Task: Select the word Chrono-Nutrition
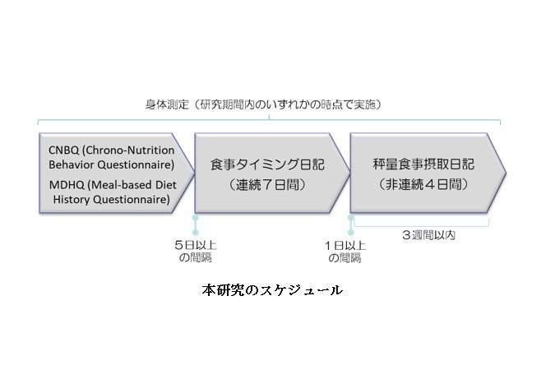tap(128, 150)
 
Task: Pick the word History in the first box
tap(72, 199)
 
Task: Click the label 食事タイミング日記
tap(267, 164)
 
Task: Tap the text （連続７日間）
tap(267, 185)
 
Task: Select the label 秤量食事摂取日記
tap(423, 164)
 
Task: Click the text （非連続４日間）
tap(423, 184)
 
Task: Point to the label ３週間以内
tap(428, 235)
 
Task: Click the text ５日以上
tap(196, 245)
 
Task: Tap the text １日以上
tap(345, 245)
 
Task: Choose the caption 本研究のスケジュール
tap(272, 290)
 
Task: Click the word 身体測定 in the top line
tap(167, 104)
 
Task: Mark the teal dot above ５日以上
tap(196, 232)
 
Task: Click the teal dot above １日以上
tap(351, 232)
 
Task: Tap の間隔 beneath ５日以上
tap(196, 257)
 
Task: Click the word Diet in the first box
tap(167, 185)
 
